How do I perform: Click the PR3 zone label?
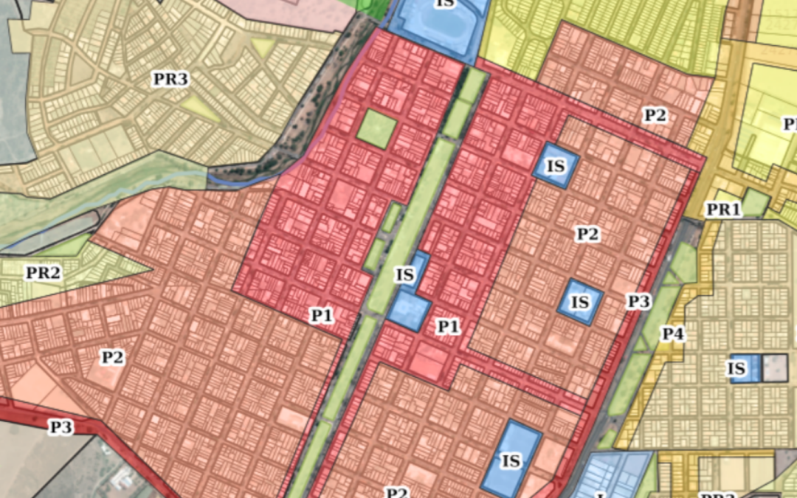coord(170,79)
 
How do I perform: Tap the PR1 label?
coord(723,210)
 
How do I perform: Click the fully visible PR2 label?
coord(43,273)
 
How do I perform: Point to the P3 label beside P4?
coord(639,301)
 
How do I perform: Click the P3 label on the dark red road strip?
coord(62,426)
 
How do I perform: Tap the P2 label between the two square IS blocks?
coord(587,235)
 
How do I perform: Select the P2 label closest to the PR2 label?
coord(112,358)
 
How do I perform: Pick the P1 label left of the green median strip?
coord(322,316)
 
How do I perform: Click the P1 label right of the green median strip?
coord(448,326)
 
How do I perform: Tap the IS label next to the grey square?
coord(736,368)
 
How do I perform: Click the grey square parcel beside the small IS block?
coord(775,367)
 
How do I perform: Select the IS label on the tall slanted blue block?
coord(511,461)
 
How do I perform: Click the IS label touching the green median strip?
coord(404,275)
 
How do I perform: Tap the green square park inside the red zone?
coord(377,128)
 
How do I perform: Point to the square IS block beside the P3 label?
coord(581,302)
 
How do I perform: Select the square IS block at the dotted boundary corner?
coord(555,165)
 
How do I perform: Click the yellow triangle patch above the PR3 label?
coord(264,48)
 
